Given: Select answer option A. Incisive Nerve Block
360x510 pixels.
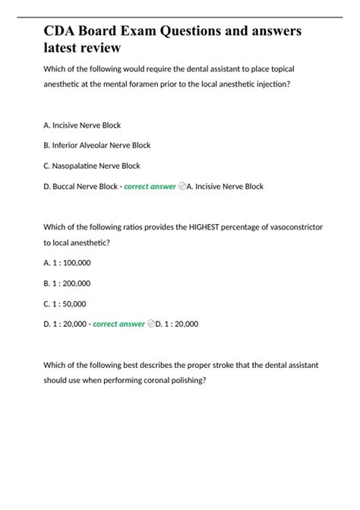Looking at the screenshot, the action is click(82, 125).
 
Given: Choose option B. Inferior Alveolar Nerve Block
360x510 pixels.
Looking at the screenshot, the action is click(97, 145).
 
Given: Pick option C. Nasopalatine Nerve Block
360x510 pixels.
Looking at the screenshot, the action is click(92, 166).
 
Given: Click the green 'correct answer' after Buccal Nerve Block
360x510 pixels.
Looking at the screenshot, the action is click(150, 186).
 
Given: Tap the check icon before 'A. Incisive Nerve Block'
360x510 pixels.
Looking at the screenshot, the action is click(182, 186).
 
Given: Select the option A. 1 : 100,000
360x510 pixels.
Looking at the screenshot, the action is click(68, 262).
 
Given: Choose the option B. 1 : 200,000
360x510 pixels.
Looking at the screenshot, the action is click(68, 283).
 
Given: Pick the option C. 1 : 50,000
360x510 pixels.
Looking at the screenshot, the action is click(65, 303).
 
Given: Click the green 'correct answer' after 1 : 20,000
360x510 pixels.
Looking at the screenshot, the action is click(118, 324).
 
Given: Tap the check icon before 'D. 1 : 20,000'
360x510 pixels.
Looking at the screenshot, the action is click(150, 324).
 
